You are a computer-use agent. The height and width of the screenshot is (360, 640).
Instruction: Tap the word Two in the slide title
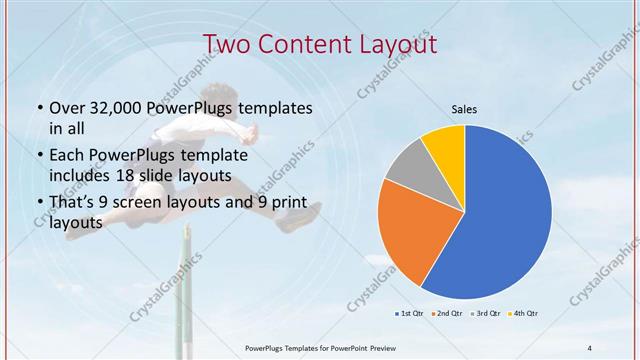227,44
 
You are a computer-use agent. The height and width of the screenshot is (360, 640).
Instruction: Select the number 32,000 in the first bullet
111,107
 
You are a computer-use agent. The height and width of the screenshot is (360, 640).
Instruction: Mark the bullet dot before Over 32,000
38,108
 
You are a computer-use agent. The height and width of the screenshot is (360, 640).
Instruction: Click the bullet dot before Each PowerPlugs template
38,157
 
